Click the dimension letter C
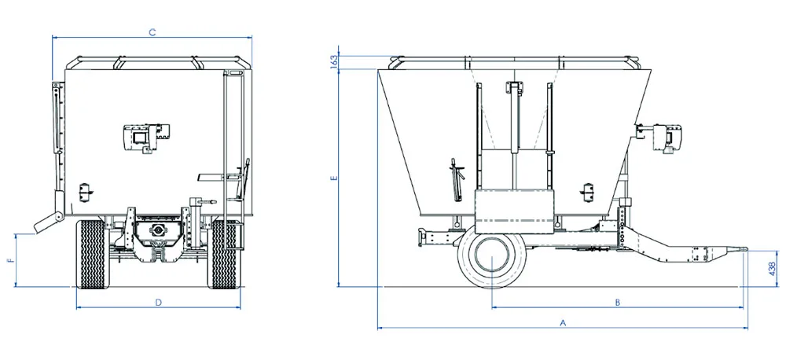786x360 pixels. click(153, 32)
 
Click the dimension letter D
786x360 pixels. click(159, 303)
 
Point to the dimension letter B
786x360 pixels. click(618, 303)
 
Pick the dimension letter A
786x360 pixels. click(563, 323)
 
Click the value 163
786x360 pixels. click(333, 61)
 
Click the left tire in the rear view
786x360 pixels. click(92, 254)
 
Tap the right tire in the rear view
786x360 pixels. click(224, 254)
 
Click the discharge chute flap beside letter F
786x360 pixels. click(48, 222)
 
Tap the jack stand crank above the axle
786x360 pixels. click(203, 202)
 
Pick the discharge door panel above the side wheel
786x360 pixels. click(514, 211)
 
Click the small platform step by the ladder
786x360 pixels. click(212, 177)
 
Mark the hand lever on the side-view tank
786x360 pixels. click(456, 179)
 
